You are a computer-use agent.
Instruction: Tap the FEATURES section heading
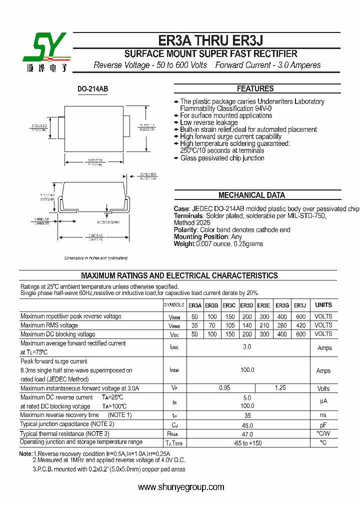tap(255, 88)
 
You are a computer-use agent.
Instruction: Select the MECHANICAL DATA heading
tap(251, 195)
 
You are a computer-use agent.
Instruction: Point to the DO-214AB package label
tap(92, 89)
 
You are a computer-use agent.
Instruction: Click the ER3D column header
tap(246, 305)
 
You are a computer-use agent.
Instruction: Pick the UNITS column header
tap(323, 305)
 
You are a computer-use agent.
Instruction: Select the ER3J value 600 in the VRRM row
tap(300, 316)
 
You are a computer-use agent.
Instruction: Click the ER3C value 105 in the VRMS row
tap(229, 325)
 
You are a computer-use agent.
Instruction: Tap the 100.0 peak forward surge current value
tap(247, 370)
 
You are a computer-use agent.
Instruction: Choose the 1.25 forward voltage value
tap(281, 388)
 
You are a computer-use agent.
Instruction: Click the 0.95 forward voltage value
tap(224, 388)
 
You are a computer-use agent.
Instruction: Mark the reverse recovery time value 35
tap(247, 415)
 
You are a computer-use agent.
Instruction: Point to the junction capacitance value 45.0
tap(247, 424)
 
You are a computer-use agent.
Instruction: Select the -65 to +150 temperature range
tap(247, 443)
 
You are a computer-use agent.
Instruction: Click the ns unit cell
tap(323, 415)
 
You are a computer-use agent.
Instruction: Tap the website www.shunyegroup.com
tap(181, 487)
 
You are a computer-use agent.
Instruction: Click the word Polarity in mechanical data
tap(185, 230)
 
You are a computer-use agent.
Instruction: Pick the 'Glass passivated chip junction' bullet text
tap(222, 158)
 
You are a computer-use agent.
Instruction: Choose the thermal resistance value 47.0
tap(247, 434)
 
